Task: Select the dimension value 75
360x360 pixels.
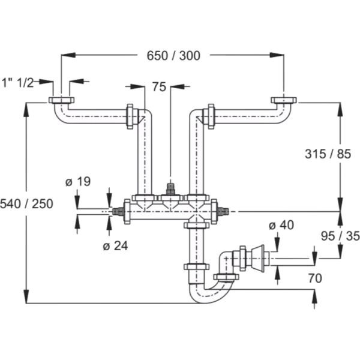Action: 158,88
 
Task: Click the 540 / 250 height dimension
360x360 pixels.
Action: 28,204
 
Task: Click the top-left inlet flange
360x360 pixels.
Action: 61,100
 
